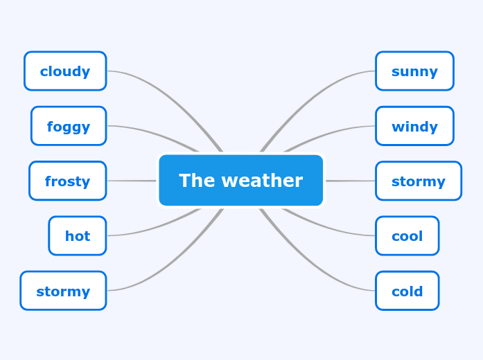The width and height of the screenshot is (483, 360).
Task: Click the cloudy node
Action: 65,71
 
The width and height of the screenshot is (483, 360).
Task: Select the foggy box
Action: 69,126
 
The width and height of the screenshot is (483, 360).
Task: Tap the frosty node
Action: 67,181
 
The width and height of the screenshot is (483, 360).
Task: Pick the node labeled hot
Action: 78,236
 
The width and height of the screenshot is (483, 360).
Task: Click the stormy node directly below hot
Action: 63,291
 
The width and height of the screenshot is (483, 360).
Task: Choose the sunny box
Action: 414,71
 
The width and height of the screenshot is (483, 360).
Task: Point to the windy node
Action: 414,126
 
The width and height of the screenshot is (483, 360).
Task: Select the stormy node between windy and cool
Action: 418,181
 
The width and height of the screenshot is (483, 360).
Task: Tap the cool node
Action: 407,236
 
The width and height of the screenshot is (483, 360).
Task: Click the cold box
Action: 407,291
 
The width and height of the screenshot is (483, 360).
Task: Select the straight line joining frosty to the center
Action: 132,181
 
